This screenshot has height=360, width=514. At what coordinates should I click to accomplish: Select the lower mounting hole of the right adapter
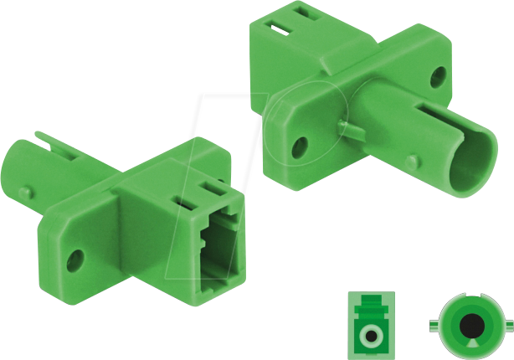click(x=296, y=147)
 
